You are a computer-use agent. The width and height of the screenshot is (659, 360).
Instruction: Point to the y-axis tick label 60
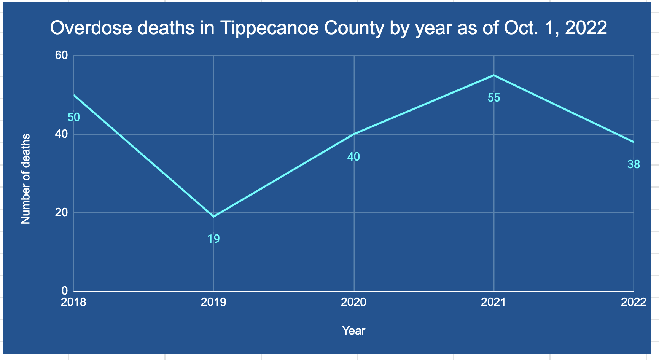tap(61, 56)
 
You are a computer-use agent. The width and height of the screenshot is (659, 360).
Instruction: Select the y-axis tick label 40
tap(61, 134)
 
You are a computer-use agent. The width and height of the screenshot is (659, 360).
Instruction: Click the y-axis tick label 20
tap(61, 212)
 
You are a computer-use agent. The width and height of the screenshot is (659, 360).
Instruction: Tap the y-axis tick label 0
tap(64, 291)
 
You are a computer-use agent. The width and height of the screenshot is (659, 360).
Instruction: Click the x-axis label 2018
tap(73, 302)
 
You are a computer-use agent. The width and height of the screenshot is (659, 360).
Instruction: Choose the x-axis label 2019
tap(213, 302)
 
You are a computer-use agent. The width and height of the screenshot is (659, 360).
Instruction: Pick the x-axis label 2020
tap(354, 302)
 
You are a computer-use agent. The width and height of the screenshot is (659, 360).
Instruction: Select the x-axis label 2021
tap(494, 302)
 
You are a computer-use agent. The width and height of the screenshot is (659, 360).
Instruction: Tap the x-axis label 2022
tap(634, 302)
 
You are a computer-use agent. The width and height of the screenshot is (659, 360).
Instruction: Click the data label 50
tap(74, 117)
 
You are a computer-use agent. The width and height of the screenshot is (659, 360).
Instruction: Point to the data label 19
tap(213, 239)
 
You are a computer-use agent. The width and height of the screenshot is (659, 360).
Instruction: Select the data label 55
tap(494, 98)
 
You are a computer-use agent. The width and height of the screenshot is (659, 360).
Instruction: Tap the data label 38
tap(634, 164)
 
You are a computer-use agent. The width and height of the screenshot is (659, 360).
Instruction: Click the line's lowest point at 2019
tap(213, 217)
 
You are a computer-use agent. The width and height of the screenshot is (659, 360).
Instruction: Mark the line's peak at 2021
tap(494, 75)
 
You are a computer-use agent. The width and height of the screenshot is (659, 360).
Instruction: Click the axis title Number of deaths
tap(25, 179)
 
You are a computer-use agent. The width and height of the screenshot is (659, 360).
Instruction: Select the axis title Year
tap(353, 331)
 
